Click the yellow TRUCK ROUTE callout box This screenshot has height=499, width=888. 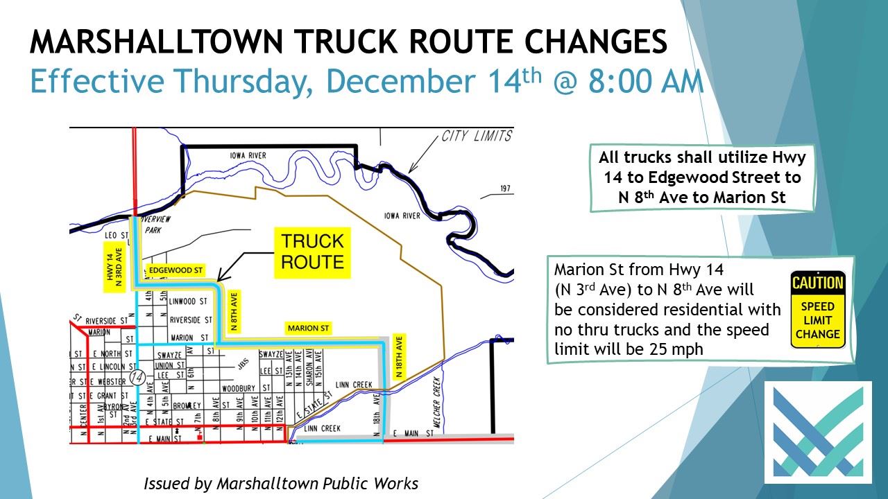click(x=313, y=252)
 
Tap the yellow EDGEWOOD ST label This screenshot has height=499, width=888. click(x=175, y=270)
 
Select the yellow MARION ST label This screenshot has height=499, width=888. click(x=308, y=328)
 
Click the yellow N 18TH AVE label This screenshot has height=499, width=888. click(x=399, y=357)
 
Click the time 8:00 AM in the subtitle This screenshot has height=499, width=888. click(x=646, y=82)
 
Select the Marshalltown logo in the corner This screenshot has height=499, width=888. click(x=818, y=432)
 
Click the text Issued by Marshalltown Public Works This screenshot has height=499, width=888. click(x=281, y=483)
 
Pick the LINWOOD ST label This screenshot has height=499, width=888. click(x=189, y=302)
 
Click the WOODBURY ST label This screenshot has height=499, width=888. click(x=240, y=388)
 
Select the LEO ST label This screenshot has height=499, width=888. click(x=112, y=236)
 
